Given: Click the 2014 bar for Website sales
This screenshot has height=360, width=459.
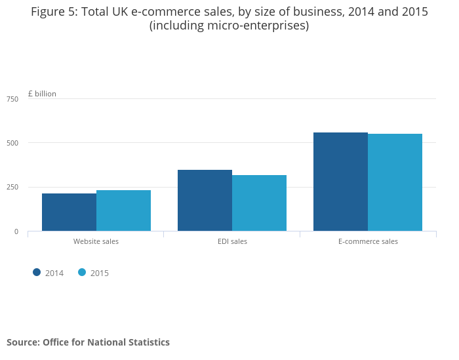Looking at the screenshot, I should (x=69, y=212).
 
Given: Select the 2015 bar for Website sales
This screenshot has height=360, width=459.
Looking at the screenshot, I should (x=123, y=210).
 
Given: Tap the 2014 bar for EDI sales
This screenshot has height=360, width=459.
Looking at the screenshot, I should (x=205, y=200).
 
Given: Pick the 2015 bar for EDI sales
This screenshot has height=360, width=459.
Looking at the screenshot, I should (x=259, y=203).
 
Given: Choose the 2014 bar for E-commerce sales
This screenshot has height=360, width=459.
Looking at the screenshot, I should (x=340, y=182).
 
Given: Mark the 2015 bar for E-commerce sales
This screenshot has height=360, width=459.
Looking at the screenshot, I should (x=395, y=182).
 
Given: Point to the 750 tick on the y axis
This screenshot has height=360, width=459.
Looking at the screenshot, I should (x=12, y=99).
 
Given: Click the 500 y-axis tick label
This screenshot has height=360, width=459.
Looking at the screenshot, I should (x=12, y=143).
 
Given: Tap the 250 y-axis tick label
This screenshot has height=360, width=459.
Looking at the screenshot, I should (x=12, y=188).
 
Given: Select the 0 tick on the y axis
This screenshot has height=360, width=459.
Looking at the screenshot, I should (x=16, y=231).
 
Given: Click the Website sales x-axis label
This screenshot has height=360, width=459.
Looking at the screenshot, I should (x=96, y=241).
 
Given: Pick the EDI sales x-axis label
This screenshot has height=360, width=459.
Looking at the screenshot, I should (x=232, y=241).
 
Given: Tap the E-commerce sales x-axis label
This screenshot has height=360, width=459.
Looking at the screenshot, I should (x=368, y=241).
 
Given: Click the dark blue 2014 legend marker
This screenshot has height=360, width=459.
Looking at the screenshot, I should (x=37, y=272).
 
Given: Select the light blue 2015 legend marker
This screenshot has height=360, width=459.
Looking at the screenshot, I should (x=82, y=272).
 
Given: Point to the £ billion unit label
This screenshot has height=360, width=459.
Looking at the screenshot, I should (x=42, y=94).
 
